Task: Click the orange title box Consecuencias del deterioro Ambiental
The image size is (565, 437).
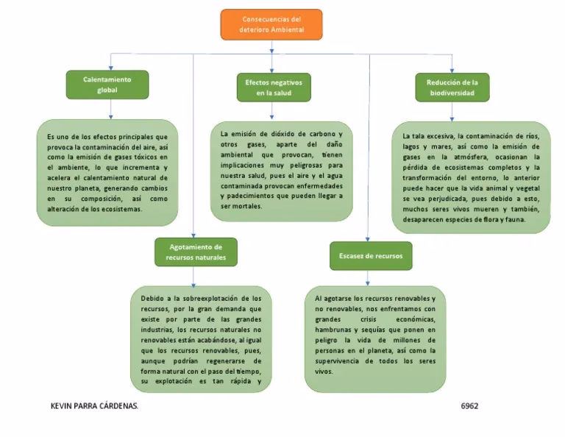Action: tap(271, 24)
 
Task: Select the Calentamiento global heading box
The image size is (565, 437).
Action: tap(107, 85)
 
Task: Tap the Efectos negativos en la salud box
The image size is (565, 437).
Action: tap(273, 87)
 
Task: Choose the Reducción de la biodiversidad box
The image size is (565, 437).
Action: tap(452, 88)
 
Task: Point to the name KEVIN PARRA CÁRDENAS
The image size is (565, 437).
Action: tap(93, 406)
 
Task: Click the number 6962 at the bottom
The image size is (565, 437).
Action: tap(469, 406)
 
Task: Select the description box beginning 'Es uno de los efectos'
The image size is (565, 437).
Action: tap(107, 172)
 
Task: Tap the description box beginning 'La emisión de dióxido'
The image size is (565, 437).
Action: tap(281, 171)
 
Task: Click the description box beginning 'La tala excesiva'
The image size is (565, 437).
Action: tap(471, 177)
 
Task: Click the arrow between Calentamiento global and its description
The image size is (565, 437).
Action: tap(110, 110)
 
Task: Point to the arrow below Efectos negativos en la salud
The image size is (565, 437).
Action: tap(272, 112)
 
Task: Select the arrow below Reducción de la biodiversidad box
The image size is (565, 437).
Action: tap(452, 112)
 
